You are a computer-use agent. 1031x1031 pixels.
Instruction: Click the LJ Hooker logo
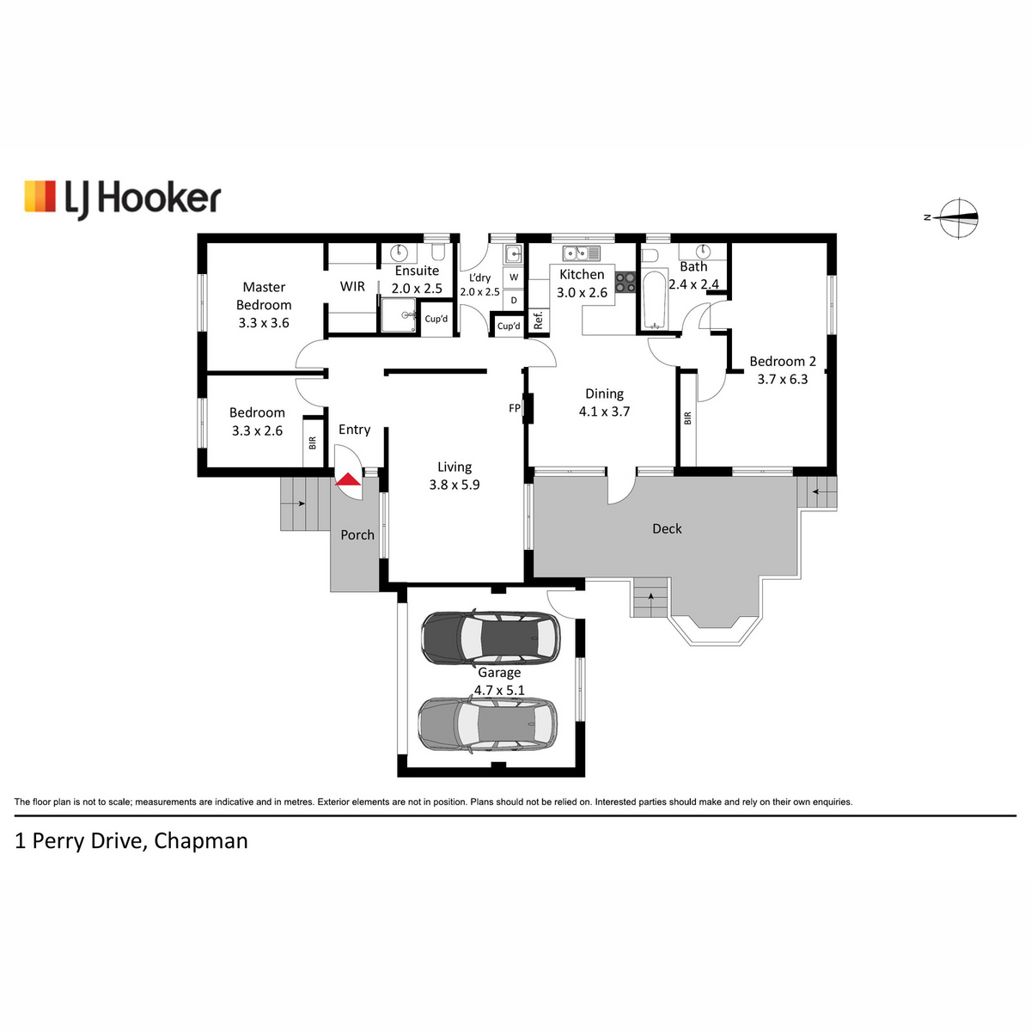point(123,199)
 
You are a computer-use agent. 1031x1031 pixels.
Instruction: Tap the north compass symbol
point(957,217)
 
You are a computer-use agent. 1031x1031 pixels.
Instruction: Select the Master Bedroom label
point(264,296)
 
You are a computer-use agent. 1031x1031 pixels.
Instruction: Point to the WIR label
point(352,286)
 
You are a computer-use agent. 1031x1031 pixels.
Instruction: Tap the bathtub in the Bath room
point(653,300)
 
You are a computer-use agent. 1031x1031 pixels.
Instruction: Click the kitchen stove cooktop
point(625,283)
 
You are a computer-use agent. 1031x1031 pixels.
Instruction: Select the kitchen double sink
point(581,253)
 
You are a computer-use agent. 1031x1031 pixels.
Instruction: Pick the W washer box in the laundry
point(514,278)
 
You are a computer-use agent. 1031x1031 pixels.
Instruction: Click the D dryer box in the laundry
point(514,300)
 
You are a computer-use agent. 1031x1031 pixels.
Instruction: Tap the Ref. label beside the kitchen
point(538,320)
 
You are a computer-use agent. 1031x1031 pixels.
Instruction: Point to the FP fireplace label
point(514,408)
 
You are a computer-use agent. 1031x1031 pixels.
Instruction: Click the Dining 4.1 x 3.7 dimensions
point(604,412)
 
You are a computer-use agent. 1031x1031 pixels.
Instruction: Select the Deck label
point(667,528)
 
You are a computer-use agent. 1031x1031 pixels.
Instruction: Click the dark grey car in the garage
point(490,638)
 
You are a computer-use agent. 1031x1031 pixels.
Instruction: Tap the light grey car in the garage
point(487,724)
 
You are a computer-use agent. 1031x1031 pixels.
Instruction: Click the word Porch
point(357,534)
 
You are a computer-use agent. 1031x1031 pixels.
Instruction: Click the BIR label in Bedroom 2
point(687,418)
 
